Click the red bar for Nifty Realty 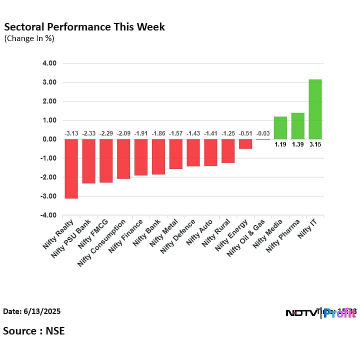[x=71, y=168]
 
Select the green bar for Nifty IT [x=315, y=109]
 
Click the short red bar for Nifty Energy [x=245, y=144]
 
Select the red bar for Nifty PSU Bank [x=88, y=161]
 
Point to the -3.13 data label [x=71, y=133]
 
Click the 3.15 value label [x=315, y=144]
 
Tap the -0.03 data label [x=262, y=133]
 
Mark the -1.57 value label [x=175, y=133]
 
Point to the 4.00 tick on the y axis [x=49, y=63]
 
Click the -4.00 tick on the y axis [x=48, y=215]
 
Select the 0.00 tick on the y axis [x=49, y=139]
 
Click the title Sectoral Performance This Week [x=84, y=26]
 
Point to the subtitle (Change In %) [x=29, y=38]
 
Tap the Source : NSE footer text [x=33, y=330]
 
